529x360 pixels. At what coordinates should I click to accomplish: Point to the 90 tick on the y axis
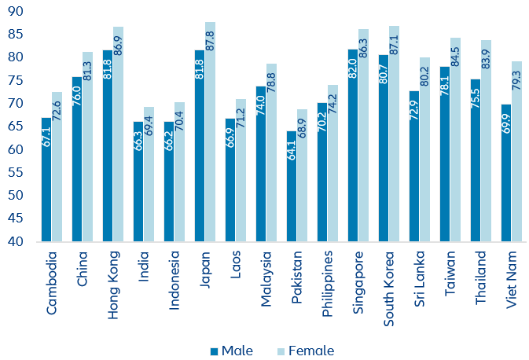coord(15,11)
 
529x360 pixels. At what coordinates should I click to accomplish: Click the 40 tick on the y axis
coord(15,241)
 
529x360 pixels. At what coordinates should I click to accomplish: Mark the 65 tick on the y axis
coord(15,127)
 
